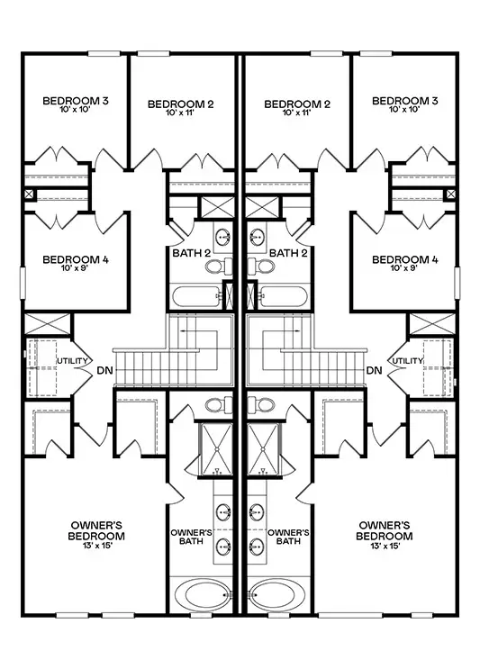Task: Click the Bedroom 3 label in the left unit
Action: coord(76,101)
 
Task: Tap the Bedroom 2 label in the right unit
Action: coord(297,104)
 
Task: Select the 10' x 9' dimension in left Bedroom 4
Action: coord(76,268)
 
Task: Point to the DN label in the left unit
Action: coord(105,370)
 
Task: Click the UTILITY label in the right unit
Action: coord(408,361)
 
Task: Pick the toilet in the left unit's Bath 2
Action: coord(219,267)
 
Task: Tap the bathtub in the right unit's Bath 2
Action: coord(284,296)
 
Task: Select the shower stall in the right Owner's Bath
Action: coord(263,449)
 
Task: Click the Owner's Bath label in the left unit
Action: coord(191,537)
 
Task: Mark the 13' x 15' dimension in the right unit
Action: coord(385,546)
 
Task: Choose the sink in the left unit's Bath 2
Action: coord(222,236)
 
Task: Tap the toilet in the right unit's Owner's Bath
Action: coord(260,404)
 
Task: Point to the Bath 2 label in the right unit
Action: coord(288,253)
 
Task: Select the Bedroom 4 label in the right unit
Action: coord(405,259)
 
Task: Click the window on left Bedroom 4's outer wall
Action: coord(23,283)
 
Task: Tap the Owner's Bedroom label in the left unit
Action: coord(96,530)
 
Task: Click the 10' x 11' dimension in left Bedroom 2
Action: coord(180,113)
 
